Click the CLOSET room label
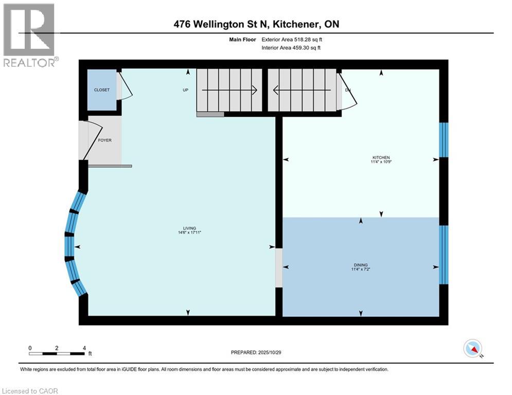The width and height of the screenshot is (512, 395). tap(101, 90)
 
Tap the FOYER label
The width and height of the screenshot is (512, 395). tap(105, 140)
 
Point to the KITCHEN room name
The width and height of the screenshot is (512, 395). tap(381, 157)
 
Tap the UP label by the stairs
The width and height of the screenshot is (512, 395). tap(186, 90)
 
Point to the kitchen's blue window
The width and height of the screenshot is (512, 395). tap(444, 139)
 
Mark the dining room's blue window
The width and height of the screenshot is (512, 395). tap(444, 254)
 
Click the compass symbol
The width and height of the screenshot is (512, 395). tap(473, 349)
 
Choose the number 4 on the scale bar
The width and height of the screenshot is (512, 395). tap(84, 348)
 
